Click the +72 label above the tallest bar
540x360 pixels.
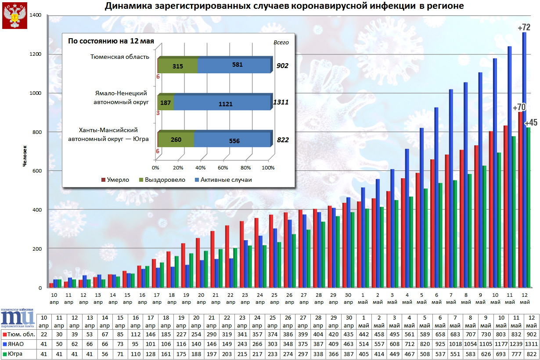click(x=524, y=27)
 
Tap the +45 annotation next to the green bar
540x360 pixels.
click(x=531, y=122)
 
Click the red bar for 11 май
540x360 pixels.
click(x=505, y=206)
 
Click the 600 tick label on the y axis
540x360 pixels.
click(x=36, y=171)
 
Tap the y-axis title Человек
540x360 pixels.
click(x=25, y=155)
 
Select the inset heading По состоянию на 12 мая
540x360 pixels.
click(x=111, y=42)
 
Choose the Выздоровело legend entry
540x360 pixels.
click(x=162, y=180)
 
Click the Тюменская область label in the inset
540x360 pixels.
click(x=119, y=57)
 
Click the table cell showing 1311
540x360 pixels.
click(x=531, y=345)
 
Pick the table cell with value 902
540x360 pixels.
click(x=531, y=335)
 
